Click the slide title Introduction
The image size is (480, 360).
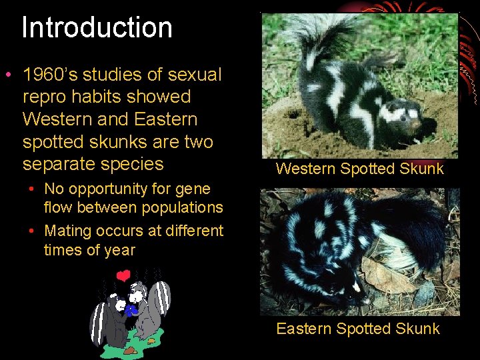[97, 28]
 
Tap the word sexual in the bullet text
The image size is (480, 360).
[193, 75]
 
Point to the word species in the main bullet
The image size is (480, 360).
[133, 164]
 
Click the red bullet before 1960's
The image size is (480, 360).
[8, 74]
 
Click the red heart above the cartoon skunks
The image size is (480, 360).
[123, 275]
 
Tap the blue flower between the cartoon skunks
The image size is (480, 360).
[133, 309]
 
